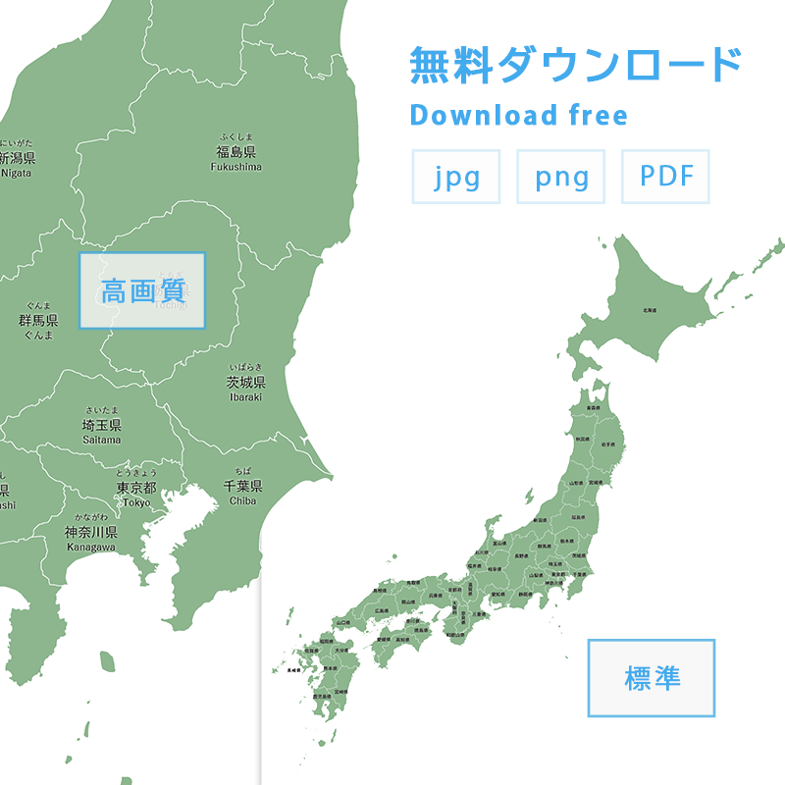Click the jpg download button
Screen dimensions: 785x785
(456, 177)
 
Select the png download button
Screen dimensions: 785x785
(561, 177)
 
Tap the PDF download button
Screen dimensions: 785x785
(665, 177)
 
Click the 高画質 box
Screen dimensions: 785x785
(142, 290)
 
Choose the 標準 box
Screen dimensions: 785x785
(652, 678)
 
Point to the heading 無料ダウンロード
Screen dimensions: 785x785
(575, 65)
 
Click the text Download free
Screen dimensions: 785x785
(518, 115)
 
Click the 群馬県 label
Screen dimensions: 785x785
(38, 320)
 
